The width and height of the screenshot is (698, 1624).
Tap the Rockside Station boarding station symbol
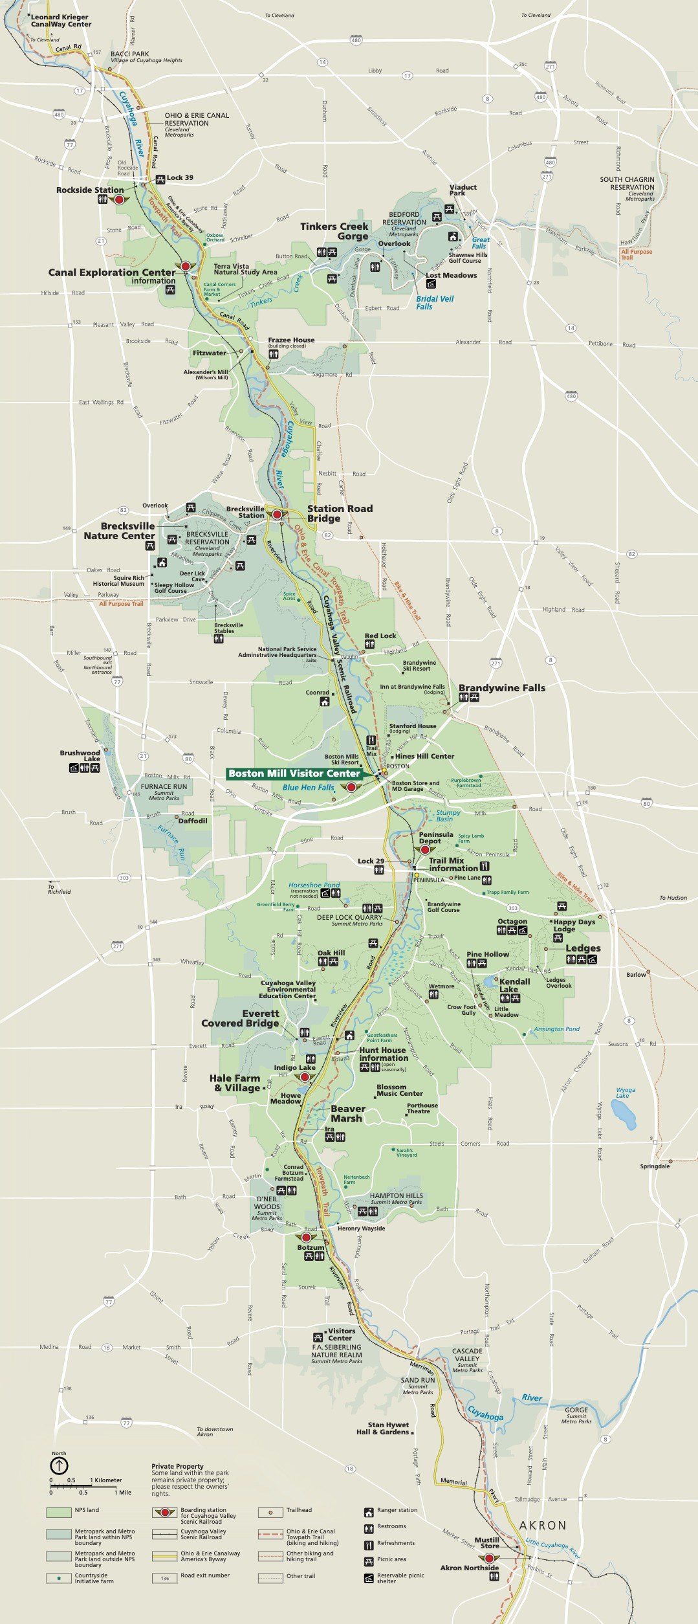click(119, 200)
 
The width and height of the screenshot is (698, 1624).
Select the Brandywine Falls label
click(502, 687)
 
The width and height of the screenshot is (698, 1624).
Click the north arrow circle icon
click(59, 1466)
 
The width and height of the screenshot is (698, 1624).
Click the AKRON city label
click(543, 1526)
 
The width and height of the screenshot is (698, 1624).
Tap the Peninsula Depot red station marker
click(425, 850)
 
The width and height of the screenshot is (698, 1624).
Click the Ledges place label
click(583, 948)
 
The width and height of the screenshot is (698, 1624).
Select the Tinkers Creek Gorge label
click(334, 231)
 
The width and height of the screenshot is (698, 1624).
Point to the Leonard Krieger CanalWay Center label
click(61, 21)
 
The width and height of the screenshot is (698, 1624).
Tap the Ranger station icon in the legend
click(369, 1511)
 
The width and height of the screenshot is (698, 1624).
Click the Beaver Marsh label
click(347, 1113)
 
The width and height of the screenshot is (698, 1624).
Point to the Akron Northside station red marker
click(489, 1558)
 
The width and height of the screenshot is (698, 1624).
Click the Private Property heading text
click(177, 1466)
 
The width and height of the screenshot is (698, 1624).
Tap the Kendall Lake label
click(514, 985)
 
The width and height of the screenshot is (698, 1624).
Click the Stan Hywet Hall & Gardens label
click(388, 1428)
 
